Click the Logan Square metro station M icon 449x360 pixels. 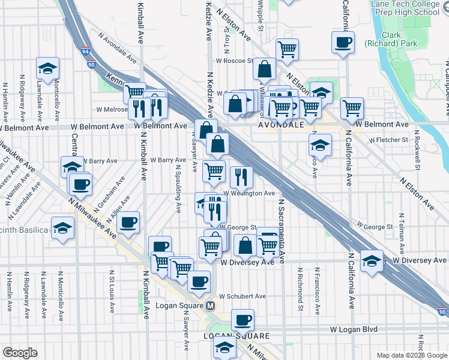211,305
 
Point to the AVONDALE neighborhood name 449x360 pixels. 281,126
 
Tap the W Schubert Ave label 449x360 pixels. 242,296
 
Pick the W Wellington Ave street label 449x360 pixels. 249,193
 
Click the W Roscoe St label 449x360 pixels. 235,61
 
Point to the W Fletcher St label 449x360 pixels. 388,140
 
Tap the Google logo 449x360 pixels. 20,353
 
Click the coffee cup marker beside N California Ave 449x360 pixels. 343,41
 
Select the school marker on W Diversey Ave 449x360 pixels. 372,260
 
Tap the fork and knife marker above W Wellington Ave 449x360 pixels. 241,176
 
